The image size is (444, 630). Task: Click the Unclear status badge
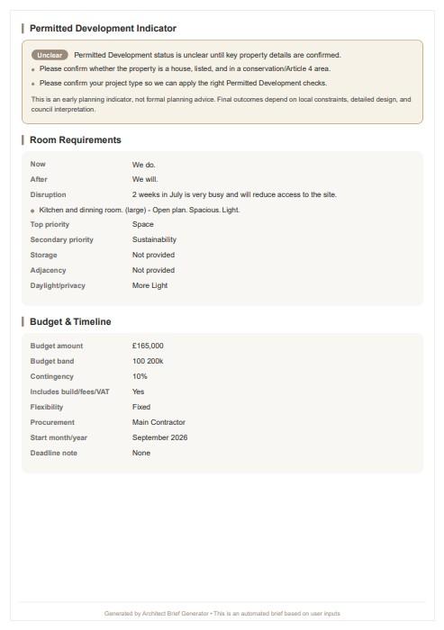coord(50,55)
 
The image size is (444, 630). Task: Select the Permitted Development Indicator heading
coord(103,29)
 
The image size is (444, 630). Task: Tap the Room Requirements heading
coord(75,140)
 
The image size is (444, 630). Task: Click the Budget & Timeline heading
coord(70,322)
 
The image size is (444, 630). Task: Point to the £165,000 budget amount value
coord(148,346)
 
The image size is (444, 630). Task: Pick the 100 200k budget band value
coord(148,361)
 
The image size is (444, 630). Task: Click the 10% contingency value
coord(140,376)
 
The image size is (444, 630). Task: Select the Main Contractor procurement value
coord(159,422)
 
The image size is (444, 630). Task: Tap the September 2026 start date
coord(159,437)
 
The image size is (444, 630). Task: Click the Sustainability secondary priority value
coord(154,240)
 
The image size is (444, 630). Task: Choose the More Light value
coord(150,285)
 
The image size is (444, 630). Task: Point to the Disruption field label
coord(48,194)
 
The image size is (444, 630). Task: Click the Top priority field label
coord(50,225)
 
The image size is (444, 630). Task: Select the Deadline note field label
coord(54,453)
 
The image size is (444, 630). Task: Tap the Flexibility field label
coord(47,407)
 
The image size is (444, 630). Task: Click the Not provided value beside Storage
coord(153,256)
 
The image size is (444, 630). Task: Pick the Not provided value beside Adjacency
coord(153,270)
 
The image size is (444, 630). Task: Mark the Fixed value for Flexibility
coord(141,407)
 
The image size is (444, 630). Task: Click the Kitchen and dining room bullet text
coord(139,210)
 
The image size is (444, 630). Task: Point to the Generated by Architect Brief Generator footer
coord(222,614)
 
